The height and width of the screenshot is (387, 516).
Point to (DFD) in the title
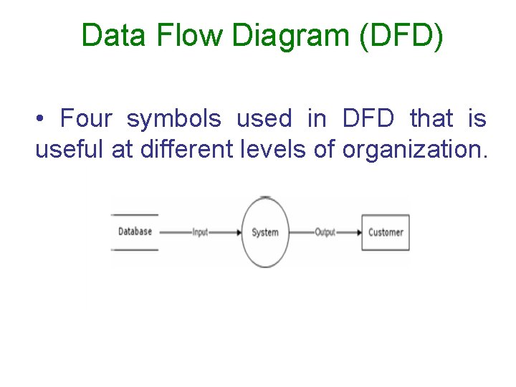pyautogui.click(x=402, y=36)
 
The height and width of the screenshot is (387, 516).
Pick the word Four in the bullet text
pyautogui.click(x=87, y=118)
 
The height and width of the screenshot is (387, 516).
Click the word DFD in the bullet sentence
pyautogui.click(x=368, y=118)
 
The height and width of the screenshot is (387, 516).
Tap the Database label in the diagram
pyautogui.click(x=135, y=231)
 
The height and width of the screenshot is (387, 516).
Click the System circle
pyautogui.click(x=265, y=232)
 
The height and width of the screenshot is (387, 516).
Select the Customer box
pyautogui.click(x=386, y=232)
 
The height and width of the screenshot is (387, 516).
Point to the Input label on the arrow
pyautogui.click(x=200, y=232)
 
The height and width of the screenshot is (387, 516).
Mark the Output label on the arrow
pyautogui.click(x=325, y=232)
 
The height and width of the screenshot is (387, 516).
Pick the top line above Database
pyautogui.click(x=135, y=214)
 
